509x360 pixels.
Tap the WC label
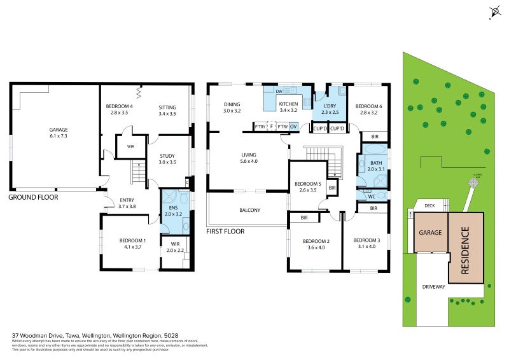(x=372, y=197)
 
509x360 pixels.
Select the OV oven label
(x=293, y=127)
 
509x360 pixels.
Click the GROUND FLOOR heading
(x=33, y=197)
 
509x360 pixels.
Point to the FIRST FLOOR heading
(x=225, y=232)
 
